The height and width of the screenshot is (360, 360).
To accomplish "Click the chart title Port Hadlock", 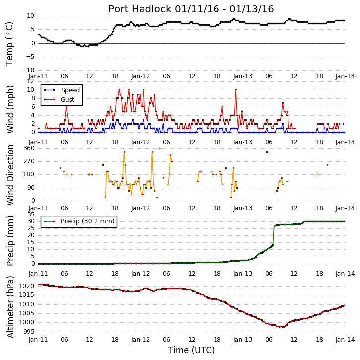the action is coord(140,9).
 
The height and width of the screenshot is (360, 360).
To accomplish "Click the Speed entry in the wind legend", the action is coord(70,90).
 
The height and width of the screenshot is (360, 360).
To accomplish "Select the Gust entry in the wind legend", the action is coord(68,100).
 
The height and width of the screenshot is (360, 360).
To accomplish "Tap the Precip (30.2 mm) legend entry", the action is coord(87,221).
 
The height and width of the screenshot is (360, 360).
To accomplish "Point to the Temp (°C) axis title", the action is coord(9,44).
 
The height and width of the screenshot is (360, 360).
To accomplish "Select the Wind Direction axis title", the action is coord(10,175).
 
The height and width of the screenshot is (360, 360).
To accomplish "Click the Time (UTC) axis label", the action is coord(191,350).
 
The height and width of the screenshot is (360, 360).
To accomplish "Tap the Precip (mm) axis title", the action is coord(10,241).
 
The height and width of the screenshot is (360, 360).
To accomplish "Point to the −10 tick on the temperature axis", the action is coord(28,70).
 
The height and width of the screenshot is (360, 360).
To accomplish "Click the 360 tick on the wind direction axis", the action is coord(29,148).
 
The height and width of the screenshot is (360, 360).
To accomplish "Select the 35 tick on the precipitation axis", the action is coord(31,215).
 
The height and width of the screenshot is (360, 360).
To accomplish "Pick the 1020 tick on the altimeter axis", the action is coord(27,286).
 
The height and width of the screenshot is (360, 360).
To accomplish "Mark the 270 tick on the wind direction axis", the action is coord(29,161).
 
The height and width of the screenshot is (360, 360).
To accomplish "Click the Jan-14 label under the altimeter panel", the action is coord(345,340).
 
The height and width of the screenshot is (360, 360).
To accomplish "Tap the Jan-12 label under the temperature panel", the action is coord(141,76).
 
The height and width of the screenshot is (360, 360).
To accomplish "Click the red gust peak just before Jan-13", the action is coord(236,90).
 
